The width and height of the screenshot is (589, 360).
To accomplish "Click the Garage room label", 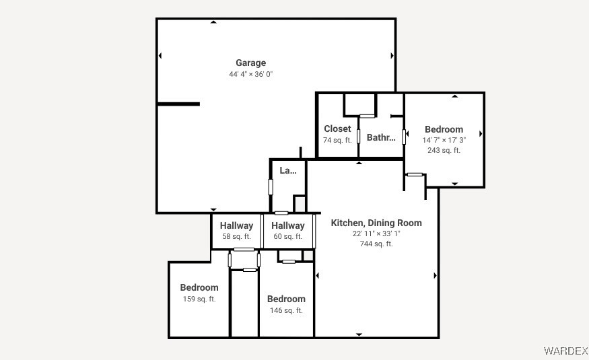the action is coord(250,63).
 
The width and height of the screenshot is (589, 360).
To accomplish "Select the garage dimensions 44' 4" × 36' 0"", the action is coord(250,74).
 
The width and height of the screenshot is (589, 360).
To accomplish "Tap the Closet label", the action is coord(337,129).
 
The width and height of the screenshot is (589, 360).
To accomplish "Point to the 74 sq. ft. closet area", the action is coord(337,140).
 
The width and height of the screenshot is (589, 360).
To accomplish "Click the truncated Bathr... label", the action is coord(381,137).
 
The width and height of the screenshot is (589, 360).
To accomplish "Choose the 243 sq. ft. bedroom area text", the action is coord(444,150).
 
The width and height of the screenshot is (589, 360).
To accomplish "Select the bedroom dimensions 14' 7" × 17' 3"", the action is coord(444,140).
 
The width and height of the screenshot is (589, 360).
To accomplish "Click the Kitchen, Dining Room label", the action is coord(376,223).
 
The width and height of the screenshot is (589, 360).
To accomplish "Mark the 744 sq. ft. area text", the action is coord(376,244).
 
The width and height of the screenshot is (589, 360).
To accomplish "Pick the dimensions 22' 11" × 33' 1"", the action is coord(376,233).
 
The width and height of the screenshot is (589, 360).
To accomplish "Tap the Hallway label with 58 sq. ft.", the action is coord(236,225).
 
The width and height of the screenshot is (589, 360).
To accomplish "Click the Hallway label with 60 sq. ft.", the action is coord(287,225).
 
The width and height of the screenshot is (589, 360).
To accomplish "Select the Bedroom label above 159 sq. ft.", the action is coord(199,287).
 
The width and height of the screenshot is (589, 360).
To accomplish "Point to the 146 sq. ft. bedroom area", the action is coord(286,310).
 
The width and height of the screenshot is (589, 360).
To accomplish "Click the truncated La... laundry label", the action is coord(287,170).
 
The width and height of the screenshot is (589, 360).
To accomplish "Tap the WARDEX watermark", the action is coord(565,351).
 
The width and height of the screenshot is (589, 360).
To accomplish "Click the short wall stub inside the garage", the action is coord(178,104).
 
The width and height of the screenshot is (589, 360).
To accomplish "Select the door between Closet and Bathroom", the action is coord(358,136).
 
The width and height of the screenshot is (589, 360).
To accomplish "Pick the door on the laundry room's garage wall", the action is coord(271,187).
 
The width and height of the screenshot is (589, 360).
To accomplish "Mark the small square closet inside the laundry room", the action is coord(300,204).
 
